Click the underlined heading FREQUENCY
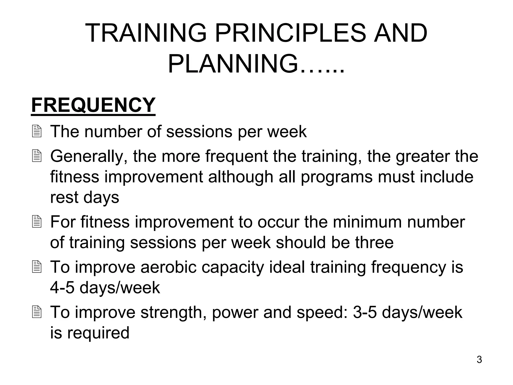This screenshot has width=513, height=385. point(93,105)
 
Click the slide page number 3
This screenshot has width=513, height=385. point(479,360)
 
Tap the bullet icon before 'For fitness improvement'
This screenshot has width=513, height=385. point(37,222)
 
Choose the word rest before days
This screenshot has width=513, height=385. point(64,198)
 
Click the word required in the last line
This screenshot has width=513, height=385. point(98,333)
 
